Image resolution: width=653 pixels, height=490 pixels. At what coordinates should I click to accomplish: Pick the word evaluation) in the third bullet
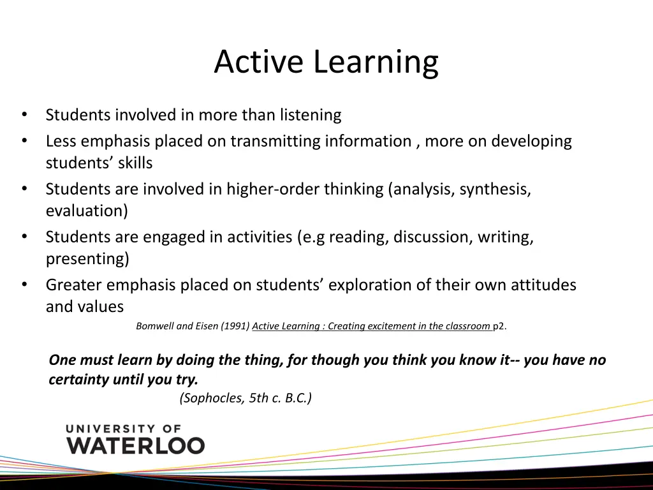pos(87,211)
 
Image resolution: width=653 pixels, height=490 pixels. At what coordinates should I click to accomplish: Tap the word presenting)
pos(87,259)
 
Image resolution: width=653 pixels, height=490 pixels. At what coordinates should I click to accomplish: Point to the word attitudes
pos(543,285)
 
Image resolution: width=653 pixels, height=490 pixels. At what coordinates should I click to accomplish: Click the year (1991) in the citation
pos(235,326)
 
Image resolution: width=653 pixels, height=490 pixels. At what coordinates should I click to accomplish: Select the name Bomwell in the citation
pos(155,326)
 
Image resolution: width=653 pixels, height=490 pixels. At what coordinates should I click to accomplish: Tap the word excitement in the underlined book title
pos(393,326)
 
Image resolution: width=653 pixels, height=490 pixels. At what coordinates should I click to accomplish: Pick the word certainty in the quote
pos(79,380)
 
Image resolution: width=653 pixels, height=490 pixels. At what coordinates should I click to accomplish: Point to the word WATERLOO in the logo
pos(136,445)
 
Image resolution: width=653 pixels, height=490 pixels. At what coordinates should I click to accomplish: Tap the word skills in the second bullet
pos(135,163)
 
